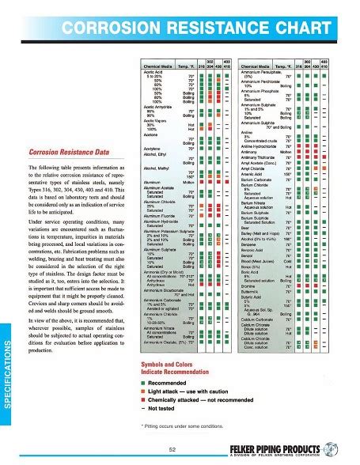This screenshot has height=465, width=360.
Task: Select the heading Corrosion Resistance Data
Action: click(x=62, y=150)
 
